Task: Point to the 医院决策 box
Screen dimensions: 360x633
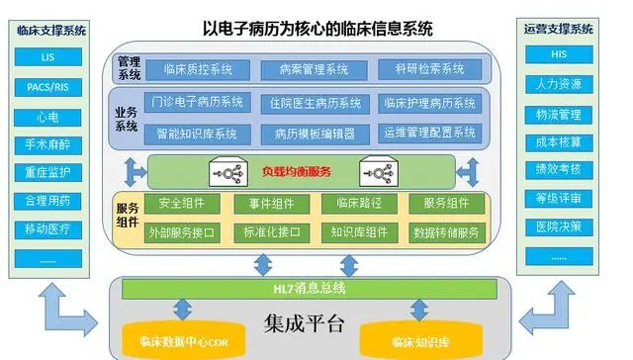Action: (x=559, y=226)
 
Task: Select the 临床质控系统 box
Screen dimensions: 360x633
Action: (x=198, y=70)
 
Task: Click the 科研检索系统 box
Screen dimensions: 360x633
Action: (x=427, y=70)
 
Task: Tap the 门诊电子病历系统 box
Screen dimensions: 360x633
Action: (x=198, y=103)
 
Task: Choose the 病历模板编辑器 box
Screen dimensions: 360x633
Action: (x=314, y=133)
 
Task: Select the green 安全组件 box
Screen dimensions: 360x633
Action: (x=182, y=204)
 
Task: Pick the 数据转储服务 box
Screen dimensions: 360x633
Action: (x=445, y=232)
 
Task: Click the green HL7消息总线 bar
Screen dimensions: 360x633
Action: (x=309, y=289)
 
